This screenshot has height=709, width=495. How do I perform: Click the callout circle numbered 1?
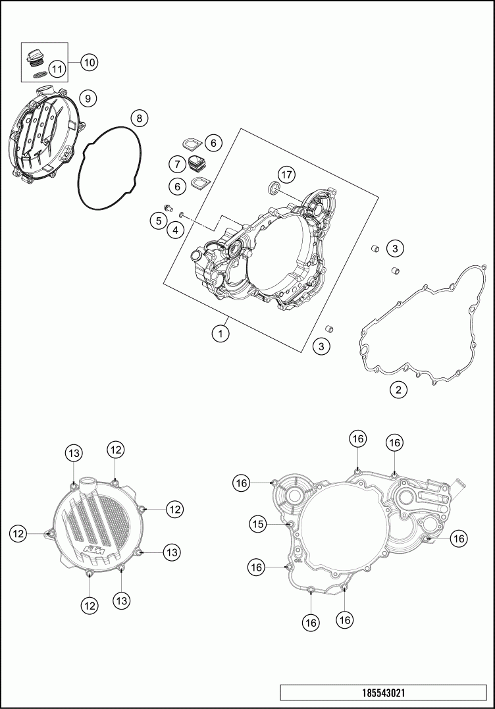point(221,334)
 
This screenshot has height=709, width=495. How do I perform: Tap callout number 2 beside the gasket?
point(398,390)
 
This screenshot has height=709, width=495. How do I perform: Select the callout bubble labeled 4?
point(175,229)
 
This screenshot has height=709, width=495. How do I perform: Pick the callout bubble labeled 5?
point(157,221)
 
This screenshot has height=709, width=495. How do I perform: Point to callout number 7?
point(176,163)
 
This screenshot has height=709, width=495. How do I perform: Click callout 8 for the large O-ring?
point(139,118)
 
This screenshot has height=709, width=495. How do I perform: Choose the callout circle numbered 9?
point(88,98)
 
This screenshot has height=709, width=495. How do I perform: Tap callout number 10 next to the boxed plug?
point(89,63)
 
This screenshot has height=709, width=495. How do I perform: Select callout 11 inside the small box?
point(57,68)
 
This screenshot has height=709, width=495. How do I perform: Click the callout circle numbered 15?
point(258,524)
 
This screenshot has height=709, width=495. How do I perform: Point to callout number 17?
point(285,174)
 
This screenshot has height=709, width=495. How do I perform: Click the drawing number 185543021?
point(387,693)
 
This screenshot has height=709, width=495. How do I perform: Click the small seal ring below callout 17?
point(273,190)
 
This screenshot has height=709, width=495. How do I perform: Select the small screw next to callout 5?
point(167,209)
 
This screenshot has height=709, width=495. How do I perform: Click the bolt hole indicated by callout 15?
point(290,524)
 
